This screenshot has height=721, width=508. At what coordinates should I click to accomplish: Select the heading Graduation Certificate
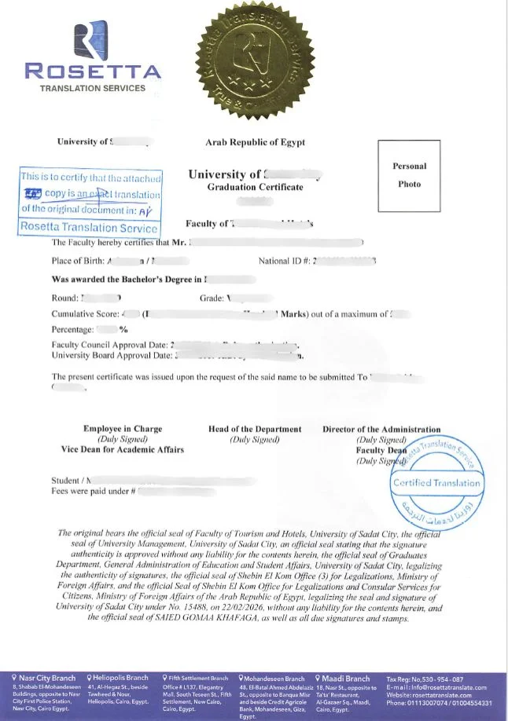pyautogui.click(x=255, y=187)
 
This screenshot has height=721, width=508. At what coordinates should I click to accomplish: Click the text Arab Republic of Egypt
pyautogui.click(x=255, y=142)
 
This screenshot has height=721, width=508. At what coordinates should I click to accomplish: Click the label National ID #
pyautogui.click(x=284, y=260)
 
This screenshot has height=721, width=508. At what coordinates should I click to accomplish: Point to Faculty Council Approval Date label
pyautogui.click(x=109, y=345)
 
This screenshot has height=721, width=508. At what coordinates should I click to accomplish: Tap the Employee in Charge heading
pyautogui.click(x=123, y=429)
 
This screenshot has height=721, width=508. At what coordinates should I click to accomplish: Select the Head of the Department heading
pyautogui.click(x=255, y=429)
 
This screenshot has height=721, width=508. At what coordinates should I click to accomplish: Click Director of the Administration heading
pyautogui.click(x=381, y=429)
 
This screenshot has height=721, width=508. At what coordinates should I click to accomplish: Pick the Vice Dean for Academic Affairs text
pyautogui.click(x=123, y=449)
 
